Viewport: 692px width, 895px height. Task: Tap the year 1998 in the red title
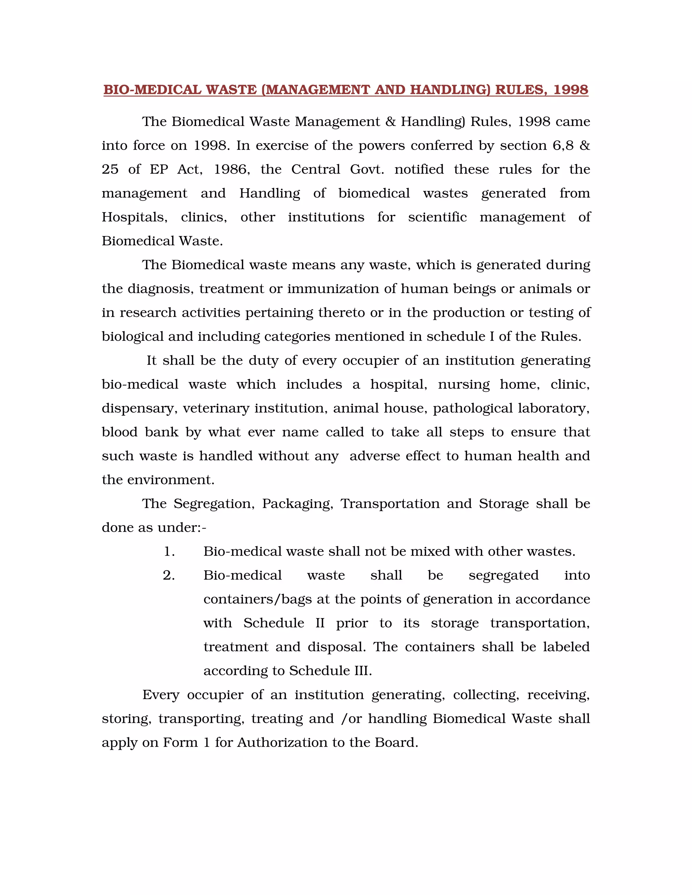click(571, 90)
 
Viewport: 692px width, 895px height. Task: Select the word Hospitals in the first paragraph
click(134, 217)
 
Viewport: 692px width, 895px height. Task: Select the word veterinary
click(216, 408)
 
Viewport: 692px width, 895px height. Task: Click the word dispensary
click(140, 409)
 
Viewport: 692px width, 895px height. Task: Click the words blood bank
click(140, 432)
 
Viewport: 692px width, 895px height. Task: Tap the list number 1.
click(169, 552)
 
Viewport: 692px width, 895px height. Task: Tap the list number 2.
click(169, 576)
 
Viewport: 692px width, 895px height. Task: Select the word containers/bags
click(257, 599)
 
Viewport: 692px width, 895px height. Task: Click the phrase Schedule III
click(330, 671)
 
